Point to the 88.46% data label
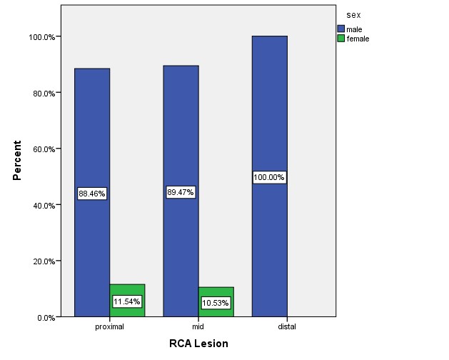coord(92,194)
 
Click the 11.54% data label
coord(127,301)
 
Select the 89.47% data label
coord(181,192)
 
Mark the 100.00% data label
coord(269,177)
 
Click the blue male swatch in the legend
coord(340,29)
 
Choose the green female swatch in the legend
coord(340,39)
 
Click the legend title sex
coord(352,14)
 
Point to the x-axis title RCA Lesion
coord(198,344)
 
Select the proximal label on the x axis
coord(110,326)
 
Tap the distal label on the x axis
coord(287,326)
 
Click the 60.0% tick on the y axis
coord(43,149)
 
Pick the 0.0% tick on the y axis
coord(45,317)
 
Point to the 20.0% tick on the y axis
coord(43,261)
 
